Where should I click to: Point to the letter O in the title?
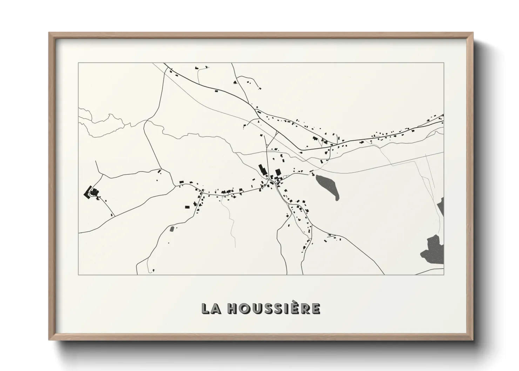point(245,308)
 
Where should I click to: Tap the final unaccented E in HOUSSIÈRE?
point(315,308)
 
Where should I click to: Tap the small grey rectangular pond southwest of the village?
point(172,229)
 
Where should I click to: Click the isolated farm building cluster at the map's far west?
point(92,193)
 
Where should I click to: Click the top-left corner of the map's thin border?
point(79,63)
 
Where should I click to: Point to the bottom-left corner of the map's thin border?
point(79,275)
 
